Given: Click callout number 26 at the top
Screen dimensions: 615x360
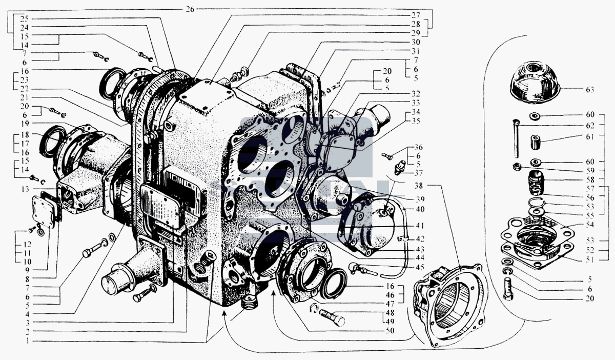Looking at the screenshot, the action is pos(190,9).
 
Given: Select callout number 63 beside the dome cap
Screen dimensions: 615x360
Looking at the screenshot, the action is pos(590,90).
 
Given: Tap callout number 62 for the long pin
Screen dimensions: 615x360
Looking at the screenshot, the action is pos(590,126).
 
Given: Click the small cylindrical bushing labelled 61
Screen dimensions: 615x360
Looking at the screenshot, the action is pos(535,142).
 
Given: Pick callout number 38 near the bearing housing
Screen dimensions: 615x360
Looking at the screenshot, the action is pos(418,186).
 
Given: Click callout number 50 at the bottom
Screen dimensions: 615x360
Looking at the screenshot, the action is pos(390,330).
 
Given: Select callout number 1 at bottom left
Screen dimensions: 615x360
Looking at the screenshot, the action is pos(28,342).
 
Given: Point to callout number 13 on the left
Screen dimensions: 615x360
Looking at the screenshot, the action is pos(25,189).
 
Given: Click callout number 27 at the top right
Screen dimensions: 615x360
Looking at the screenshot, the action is pos(416,15).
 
